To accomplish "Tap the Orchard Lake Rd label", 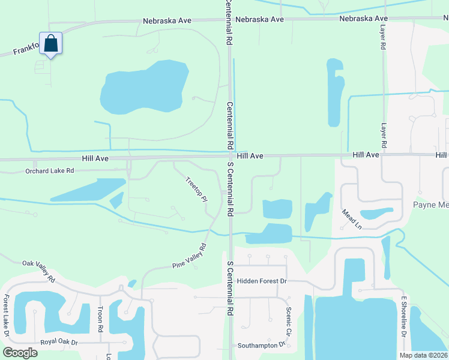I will pos(49,171).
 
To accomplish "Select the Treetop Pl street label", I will pos(196,188).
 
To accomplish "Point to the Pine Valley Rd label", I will pos(189,256).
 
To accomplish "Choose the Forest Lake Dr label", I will pos(7,316).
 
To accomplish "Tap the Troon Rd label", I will pos(100,321).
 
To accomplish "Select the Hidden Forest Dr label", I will pos(262,281).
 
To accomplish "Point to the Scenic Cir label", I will pos(289,321).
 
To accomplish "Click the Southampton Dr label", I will pos(261,346).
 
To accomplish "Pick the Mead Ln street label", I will pos(352,219).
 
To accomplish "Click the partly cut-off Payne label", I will pos(431,204).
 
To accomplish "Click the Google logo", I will pos(20,352).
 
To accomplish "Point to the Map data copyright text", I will pos(423,355).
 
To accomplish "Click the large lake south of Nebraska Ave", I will pos(144,87).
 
